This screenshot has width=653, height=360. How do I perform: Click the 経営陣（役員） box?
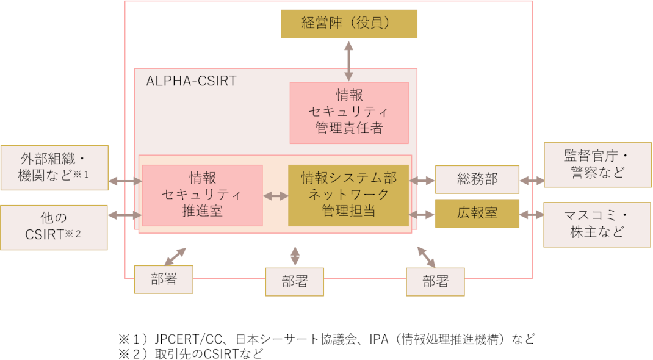(349, 24)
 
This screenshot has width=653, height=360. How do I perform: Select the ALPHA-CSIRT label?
(191, 81)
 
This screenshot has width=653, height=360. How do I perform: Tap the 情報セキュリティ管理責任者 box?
(349, 113)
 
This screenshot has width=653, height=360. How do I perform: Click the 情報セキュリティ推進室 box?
(203, 195)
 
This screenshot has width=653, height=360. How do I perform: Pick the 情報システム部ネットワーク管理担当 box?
(348, 195)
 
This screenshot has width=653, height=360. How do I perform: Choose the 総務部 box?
(477, 179)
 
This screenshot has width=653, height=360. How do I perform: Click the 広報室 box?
(477, 214)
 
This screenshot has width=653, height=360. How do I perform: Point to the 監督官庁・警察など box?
(597, 165)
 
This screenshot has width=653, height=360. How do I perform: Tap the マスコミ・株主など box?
(597, 225)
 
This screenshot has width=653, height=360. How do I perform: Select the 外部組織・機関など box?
(54, 168)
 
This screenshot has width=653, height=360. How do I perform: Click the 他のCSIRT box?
(54, 227)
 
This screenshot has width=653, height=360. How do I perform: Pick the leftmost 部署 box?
(164, 279)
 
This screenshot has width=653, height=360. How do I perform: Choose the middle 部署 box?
(294, 282)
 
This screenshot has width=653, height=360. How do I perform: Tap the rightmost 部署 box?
(435, 282)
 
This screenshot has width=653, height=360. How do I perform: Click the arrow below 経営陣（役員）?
(349, 61)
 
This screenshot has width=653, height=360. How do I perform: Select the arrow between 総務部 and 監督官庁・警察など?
(532, 181)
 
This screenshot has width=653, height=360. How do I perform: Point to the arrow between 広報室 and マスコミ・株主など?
(532, 215)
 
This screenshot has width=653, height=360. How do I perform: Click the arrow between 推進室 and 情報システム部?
(276, 196)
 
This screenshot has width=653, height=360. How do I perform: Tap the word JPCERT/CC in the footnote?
(188, 339)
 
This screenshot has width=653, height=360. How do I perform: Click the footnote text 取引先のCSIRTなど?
(209, 354)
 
